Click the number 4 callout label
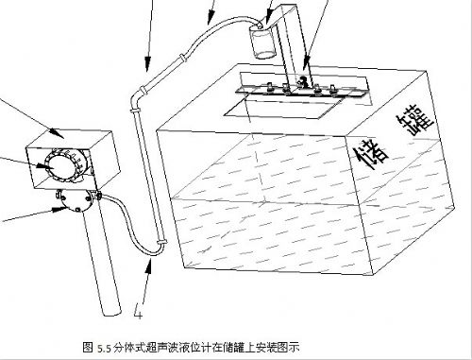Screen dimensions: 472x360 (138, 311)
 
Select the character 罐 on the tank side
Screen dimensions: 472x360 (415, 121)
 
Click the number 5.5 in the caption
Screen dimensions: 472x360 (104, 349)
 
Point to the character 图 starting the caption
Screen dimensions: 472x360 (87, 348)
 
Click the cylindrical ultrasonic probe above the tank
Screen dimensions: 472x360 (263, 42)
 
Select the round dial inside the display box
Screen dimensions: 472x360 (59, 166)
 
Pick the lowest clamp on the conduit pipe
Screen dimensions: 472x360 (161, 242)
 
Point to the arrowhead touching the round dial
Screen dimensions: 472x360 (43, 165)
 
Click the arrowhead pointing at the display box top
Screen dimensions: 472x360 (57, 133)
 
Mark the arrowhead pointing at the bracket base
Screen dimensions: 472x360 (305, 63)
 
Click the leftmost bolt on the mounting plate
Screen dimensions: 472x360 (270, 88)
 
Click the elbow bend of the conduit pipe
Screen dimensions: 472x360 (135, 96)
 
